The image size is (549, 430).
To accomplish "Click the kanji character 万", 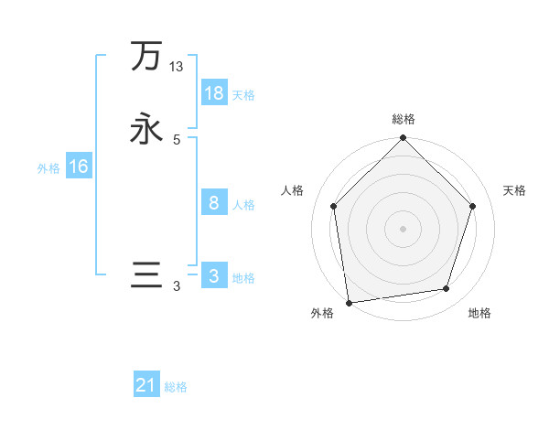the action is pos(146,57).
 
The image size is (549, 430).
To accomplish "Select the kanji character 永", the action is pos(146,128).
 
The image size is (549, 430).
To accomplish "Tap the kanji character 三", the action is pos(146,275).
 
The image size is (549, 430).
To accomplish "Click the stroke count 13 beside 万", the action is pos(177,67).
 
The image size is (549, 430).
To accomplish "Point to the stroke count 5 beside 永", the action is pos(177,140).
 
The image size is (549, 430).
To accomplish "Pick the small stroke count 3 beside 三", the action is pos(177,286).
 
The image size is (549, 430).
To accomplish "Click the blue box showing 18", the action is pos(214,93).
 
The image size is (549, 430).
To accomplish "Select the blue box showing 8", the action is pos(214,203).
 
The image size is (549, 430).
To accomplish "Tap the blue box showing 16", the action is pos(79,167).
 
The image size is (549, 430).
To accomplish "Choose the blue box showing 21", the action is pos(146,385).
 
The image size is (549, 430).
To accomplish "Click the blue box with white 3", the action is pos(214,276).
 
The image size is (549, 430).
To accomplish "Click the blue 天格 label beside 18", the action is pos(243,95).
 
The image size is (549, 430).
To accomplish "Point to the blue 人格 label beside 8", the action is pos(243,205).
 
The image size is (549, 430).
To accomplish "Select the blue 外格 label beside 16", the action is pos(48,168).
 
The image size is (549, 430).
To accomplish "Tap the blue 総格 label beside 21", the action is pos(176,387).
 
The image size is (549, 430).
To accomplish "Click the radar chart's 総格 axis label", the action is pos(403,119).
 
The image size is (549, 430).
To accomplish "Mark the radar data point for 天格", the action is pos(472,206).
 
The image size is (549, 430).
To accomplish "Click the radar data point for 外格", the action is pos(349,302).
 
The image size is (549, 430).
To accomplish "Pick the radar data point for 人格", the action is pos(333,206).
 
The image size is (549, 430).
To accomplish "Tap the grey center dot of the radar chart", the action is pos(403,228).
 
